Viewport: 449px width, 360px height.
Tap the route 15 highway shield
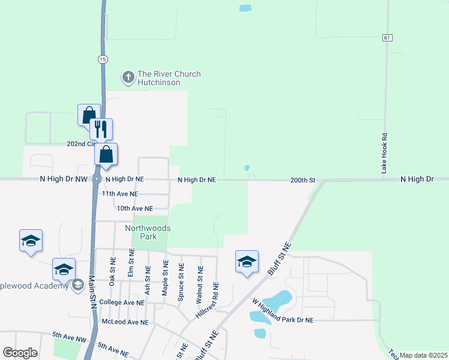click(103, 59)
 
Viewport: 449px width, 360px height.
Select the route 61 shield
click(388, 38)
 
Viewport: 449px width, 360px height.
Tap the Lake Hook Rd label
click(385, 154)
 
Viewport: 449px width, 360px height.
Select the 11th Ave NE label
click(119, 194)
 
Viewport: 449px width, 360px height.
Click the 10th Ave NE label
click(134, 208)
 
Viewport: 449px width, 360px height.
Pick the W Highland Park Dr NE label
click(283, 311)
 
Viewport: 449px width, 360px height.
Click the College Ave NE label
click(122, 302)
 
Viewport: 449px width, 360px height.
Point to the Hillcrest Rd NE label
click(206, 300)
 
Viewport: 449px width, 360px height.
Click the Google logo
click(20, 353)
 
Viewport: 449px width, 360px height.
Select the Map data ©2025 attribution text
click(424, 355)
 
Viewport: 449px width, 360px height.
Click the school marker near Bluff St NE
click(247, 262)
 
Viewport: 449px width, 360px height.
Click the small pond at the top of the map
click(245, 8)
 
